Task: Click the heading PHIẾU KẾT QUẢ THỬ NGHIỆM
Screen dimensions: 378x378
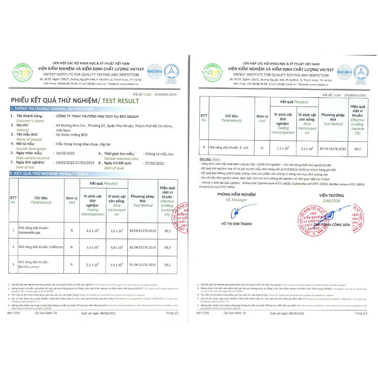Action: click(x=55, y=100)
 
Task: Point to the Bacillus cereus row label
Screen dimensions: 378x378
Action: click(x=29, y=267)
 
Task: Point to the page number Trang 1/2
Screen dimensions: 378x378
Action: click(x=172, y=313)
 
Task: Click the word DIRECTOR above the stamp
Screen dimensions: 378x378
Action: click(x=331, y=201)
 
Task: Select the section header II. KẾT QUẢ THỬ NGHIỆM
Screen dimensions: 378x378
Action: click(x=49, y=173)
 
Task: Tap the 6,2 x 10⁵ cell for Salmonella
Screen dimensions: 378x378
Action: click(x=92, y=230)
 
